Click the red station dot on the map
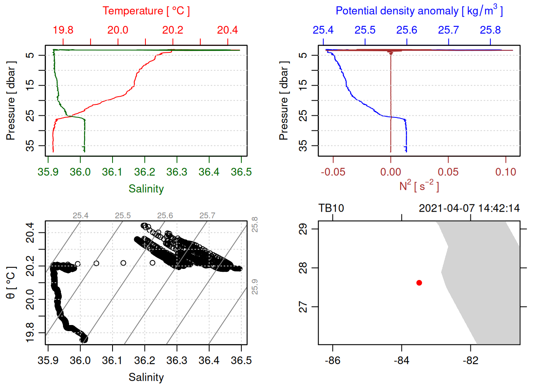419,283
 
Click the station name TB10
331,208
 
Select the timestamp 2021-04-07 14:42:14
469,208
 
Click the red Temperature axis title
146,11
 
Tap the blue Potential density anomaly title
419,11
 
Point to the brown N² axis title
419,186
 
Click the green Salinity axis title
146,189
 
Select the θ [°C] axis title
11,283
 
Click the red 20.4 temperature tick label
227,30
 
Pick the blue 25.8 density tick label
490,30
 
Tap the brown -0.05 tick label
333,172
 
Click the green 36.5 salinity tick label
241,172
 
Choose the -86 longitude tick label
333,360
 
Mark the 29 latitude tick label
303,229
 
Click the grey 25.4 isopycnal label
80,216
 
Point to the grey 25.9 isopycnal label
255,287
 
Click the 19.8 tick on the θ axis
30,333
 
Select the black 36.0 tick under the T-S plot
80,360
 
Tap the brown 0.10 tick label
505,172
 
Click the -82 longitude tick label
470,360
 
